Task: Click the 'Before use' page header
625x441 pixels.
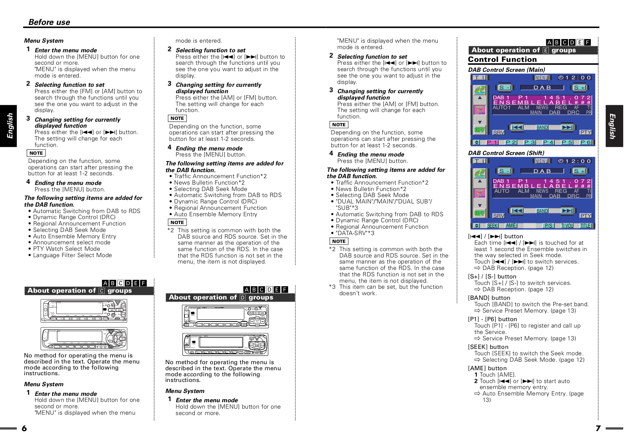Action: click(x=49, y=22)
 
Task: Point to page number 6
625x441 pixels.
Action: click(x=24, y=428)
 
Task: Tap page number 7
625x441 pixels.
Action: click(x=598, y=428)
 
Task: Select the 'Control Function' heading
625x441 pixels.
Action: click(x=502, y=59)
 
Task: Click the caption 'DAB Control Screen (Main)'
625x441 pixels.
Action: click(x=506, y=70)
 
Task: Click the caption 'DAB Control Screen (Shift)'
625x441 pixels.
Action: click(x=506, y=153)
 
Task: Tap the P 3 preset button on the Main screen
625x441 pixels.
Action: click(x=530, y=142)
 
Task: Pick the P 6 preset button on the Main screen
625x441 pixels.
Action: click(x=585, y=142)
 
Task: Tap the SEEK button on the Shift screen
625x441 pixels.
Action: click(x=493, y=226)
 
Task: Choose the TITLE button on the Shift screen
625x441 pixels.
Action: click(x=586, y=226)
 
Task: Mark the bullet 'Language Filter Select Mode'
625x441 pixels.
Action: click(x=72, y=255)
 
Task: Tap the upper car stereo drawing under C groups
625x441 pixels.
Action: click(x=84, y=310)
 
